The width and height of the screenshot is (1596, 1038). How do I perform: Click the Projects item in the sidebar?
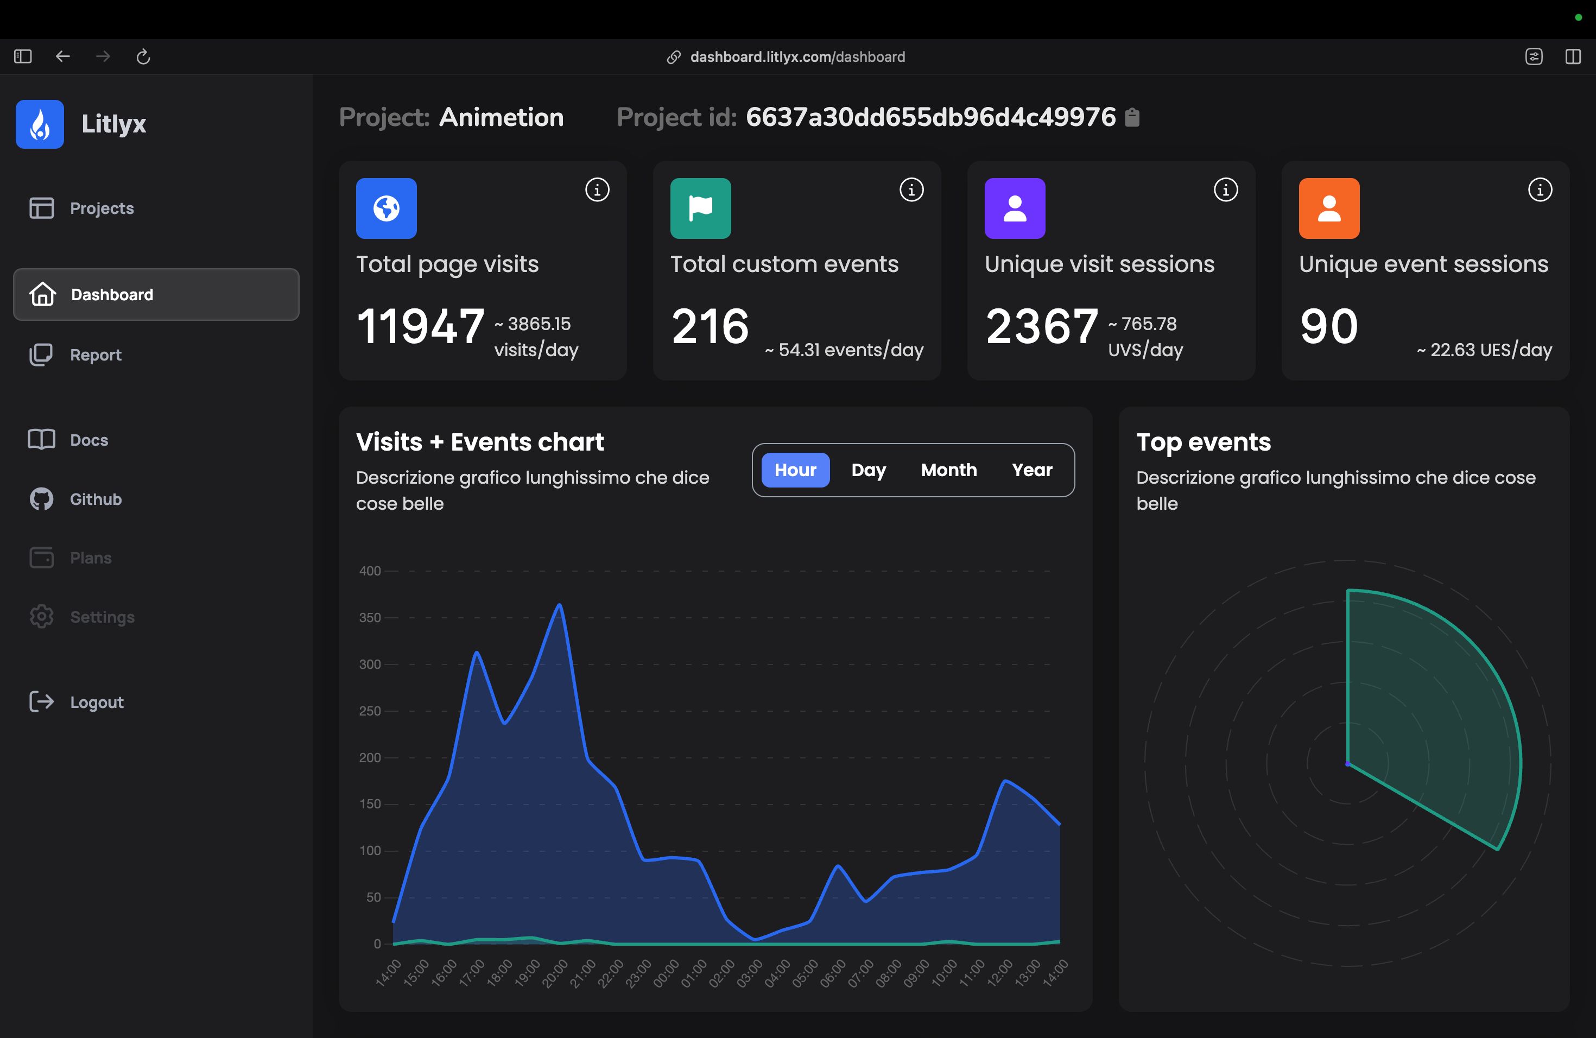pyautogui.click(x=102, y=208)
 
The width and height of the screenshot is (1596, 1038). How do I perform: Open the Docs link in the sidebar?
pyautogui.click(x=88, y=440)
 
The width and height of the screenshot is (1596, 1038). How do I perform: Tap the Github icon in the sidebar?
pyautogui.click(x=42, y=499)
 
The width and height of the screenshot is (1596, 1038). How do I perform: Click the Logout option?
pyautogui.click(x=97, y=702)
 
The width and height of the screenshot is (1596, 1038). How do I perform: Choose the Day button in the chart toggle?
pyautogui.click(x=869, y=470)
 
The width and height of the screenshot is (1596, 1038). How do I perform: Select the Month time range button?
pyautogui.click(x=948, y=470)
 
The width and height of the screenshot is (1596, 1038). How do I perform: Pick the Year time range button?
pyautogui.click(x=1032, y=470)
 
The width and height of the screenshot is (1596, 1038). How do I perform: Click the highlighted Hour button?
pyautogui.click(x=795, y=470)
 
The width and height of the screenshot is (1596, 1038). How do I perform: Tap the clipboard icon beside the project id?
pyautogui.click(x=1132, y=117)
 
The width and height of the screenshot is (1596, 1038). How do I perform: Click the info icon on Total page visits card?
pyautogui.click(x=597, y=190)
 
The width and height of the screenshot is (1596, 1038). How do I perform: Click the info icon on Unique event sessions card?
pyautogui.click(x=1540, y=190)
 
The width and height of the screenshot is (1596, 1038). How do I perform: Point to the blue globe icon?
pyautogui.click(x=387, y=208)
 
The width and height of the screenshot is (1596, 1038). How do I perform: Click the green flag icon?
pyautogui.click(x=700, y=208)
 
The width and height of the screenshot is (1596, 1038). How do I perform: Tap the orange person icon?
pyautogui.click(x=1328, y=208)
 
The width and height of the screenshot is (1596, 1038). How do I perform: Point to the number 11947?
pyautogui.click(x=421, y=327)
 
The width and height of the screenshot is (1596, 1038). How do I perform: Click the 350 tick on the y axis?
pyautogui.click(x=370, y=618)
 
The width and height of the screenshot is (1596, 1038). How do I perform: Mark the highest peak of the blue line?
pyautogui.click(x=559, y=605)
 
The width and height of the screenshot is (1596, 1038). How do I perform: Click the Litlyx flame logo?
pyautogui.click(x=40, y=124)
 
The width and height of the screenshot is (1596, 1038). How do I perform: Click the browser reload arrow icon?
pyautogui.click(x=143, y=57)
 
